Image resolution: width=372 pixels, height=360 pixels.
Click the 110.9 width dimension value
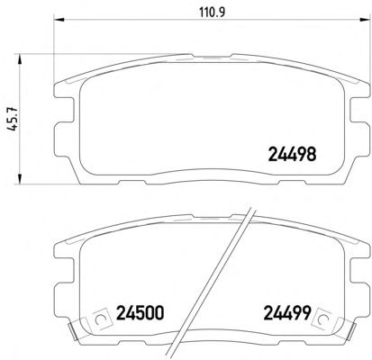tap(212, 12)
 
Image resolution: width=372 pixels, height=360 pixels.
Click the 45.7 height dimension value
tap(13, 119)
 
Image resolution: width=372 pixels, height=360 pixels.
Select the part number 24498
tap(292, 154)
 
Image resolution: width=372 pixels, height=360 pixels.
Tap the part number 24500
tap(140, 313)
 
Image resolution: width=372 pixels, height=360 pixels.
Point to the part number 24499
tap(286, 313)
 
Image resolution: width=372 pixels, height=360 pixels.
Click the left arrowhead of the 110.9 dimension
tap(59, 20)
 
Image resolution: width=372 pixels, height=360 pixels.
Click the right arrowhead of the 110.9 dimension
tap(365, 20)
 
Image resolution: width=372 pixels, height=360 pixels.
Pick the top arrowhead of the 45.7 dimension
tap(20, 59)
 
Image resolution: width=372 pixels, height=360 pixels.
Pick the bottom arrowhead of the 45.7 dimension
tap(20, 178)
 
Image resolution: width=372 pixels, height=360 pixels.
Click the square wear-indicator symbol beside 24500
tap(100, 319)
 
